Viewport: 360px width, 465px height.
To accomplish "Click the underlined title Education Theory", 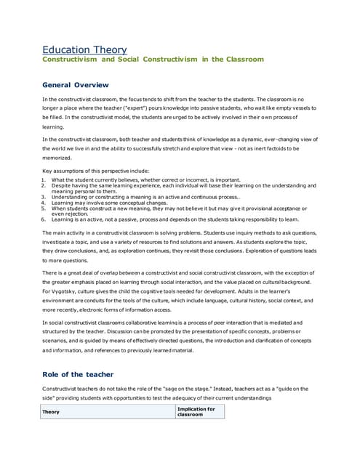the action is click(x=84, y=49).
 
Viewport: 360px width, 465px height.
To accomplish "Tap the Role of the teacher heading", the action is click(x=78, y=374).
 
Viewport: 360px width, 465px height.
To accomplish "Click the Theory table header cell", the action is click(x=51, y=412).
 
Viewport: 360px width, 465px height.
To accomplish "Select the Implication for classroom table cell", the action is click(x=196, y=412).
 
